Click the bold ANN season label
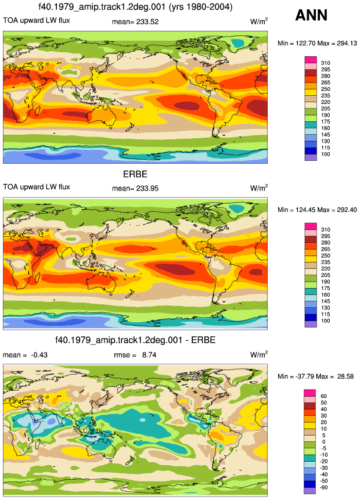tap(311, 15)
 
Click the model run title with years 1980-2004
tap(135, 7)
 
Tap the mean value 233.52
tap(147, 21)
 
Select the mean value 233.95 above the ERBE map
tap(147, 188)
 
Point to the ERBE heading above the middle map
tap(135, 174)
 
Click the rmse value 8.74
tap(149, 355)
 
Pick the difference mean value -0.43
tap(39, 355)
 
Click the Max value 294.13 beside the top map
tap(347, 44)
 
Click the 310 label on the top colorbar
tap(326, 63)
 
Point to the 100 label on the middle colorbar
tap(326, 321)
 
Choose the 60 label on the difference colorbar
tap(323, 396)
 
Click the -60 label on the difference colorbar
tap(323, 487)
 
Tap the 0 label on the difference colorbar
tap(323, 442)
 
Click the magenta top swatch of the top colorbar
tap(311, 60)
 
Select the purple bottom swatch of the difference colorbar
tap(309, 491)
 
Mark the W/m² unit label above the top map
tap(259, 21)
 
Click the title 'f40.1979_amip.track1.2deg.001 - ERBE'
tap(135, 340)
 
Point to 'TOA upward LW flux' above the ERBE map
tap(37, 187)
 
